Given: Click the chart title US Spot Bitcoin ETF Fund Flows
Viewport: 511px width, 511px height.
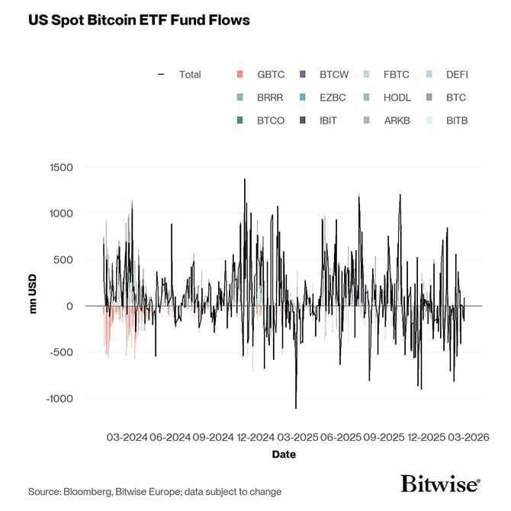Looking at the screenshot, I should [139, 20].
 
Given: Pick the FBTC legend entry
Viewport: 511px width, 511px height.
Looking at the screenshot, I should [396, 75].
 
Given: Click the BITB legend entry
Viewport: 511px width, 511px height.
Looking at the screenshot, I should [457, 121].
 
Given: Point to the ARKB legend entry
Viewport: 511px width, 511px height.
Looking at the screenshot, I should [397, 121].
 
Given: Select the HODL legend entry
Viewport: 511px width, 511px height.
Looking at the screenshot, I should [397, 98].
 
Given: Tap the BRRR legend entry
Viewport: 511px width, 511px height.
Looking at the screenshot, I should [270, 98].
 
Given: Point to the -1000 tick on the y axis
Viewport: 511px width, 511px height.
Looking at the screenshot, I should [59, 399].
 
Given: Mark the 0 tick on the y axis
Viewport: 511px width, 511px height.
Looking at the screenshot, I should [70, 306].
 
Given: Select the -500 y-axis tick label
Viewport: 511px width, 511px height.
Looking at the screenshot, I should [62, 352].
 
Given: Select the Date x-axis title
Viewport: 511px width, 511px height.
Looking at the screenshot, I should [284, 455].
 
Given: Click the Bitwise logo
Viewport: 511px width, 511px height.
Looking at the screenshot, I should [441, 484].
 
